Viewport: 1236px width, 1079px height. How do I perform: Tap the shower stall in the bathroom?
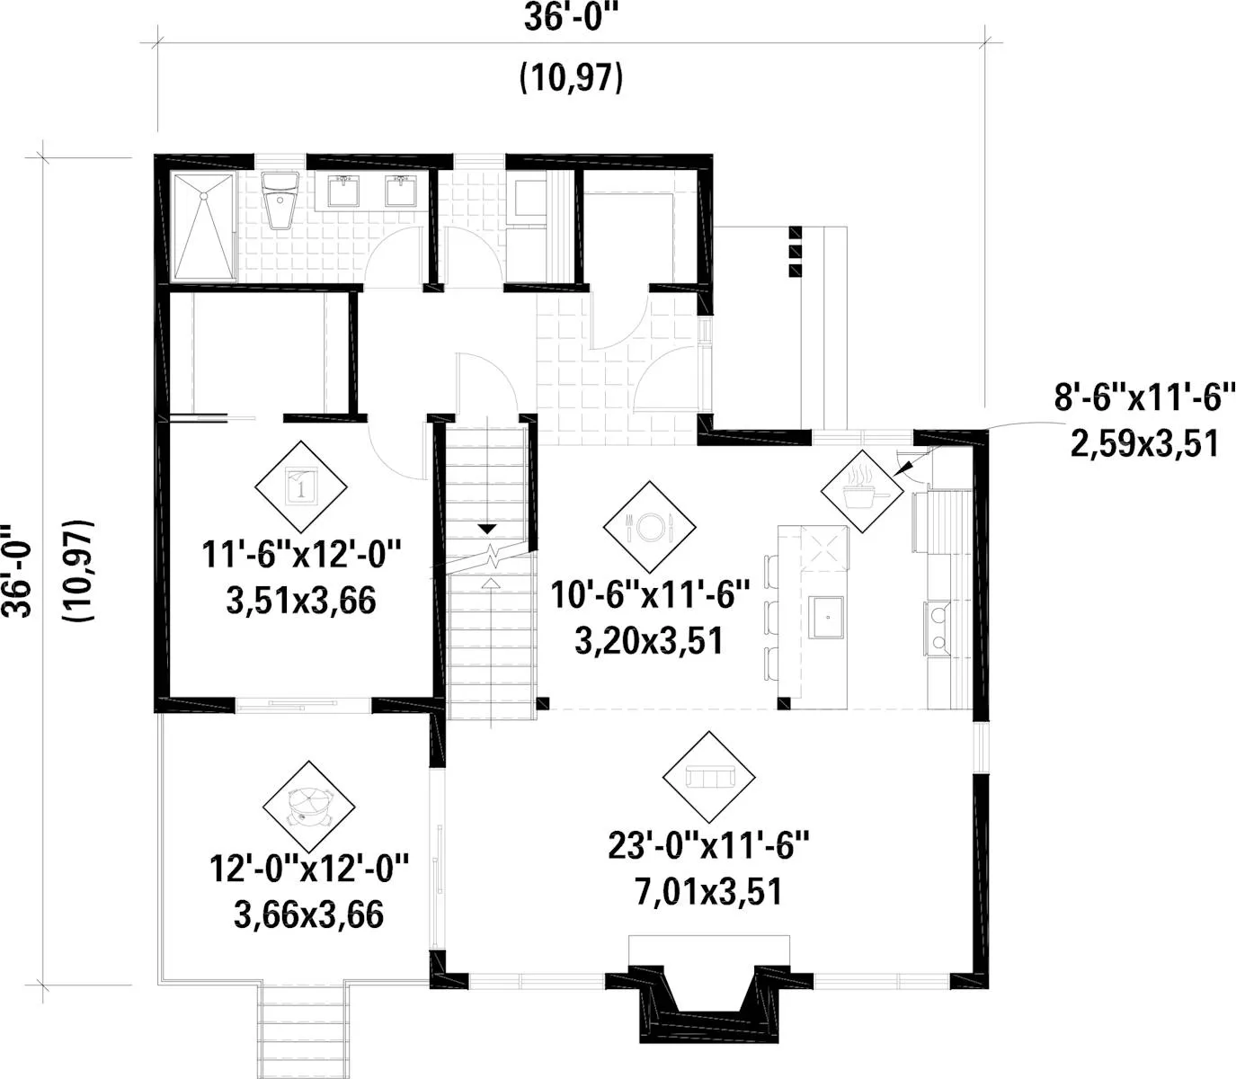(203, 227)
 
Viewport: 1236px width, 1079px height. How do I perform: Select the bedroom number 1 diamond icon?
(301, 486)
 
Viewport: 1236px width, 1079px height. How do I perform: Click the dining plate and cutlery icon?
(649, 527)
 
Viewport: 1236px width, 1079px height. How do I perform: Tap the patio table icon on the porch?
(308, 806)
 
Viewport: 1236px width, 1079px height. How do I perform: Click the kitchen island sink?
(826, 617)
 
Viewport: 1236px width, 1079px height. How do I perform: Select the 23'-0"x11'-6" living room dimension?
(708, 846)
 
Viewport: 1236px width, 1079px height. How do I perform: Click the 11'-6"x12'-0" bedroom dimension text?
(301, 554)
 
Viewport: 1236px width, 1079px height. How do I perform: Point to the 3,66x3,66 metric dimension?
(308, 915)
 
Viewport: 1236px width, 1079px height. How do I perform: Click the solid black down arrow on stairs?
(487, 530)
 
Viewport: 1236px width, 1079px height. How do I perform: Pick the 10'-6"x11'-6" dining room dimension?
(649, 595)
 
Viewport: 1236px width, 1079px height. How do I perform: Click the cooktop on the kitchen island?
(824, 548)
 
